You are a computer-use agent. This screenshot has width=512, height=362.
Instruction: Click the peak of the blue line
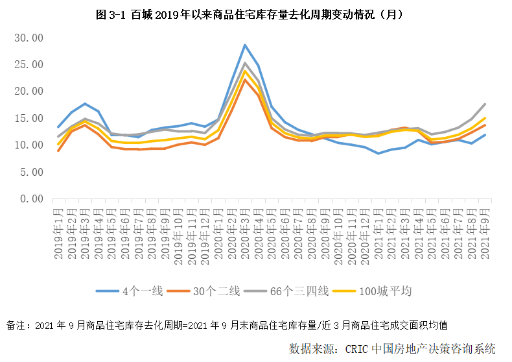[245, 45]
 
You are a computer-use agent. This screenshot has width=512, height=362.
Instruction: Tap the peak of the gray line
[245, 63]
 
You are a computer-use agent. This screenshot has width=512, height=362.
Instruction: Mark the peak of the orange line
[245, 79]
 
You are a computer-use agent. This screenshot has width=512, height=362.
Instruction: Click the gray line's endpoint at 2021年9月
[485, 104]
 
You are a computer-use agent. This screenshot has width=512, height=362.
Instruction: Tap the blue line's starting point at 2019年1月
[58, 127]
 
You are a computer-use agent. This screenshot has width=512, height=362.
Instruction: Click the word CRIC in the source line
[358, 349]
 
